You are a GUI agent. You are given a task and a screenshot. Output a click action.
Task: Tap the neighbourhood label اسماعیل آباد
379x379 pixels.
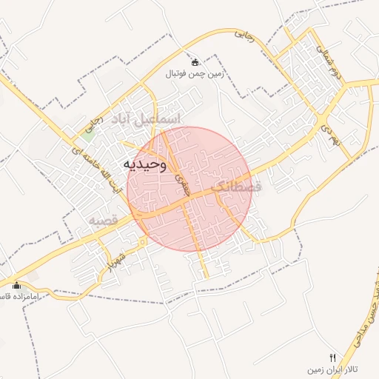point(145,118)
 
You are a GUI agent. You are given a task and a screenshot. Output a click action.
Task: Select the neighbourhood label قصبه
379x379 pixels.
point(104,221)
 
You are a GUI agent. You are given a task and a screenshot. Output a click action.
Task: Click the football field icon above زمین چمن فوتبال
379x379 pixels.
point(195,62)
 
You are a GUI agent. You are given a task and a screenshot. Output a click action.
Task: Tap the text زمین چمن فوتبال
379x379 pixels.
point(195,74)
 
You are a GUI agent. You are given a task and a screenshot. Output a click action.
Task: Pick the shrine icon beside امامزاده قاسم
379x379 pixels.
point(16,285)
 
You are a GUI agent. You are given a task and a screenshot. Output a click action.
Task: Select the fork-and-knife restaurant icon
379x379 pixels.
point(332,357)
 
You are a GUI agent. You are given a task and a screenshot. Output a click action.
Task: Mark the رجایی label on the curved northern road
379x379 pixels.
point(244,34)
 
